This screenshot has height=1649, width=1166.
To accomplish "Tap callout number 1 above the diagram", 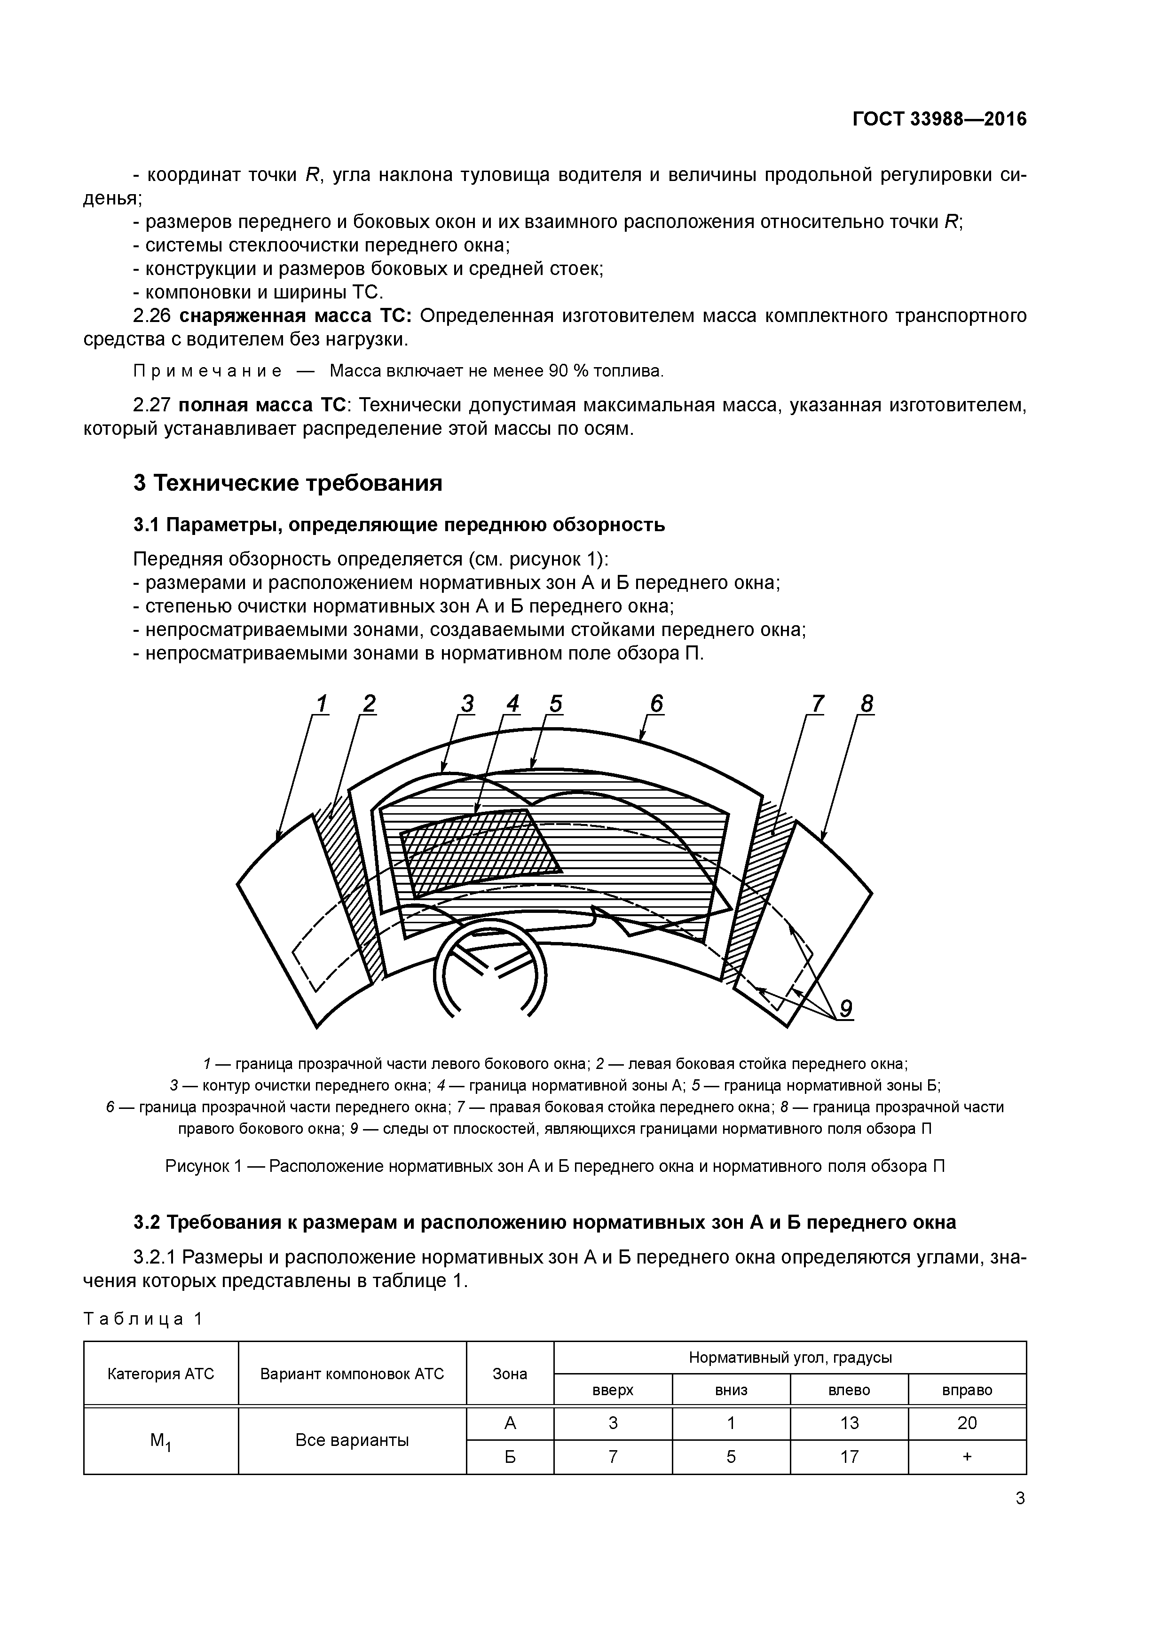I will point(321,704).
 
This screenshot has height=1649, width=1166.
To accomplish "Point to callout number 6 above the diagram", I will point(657,704).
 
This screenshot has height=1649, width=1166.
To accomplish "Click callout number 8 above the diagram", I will point(867,704).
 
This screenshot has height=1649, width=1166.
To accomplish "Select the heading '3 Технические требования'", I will point(287,483).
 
